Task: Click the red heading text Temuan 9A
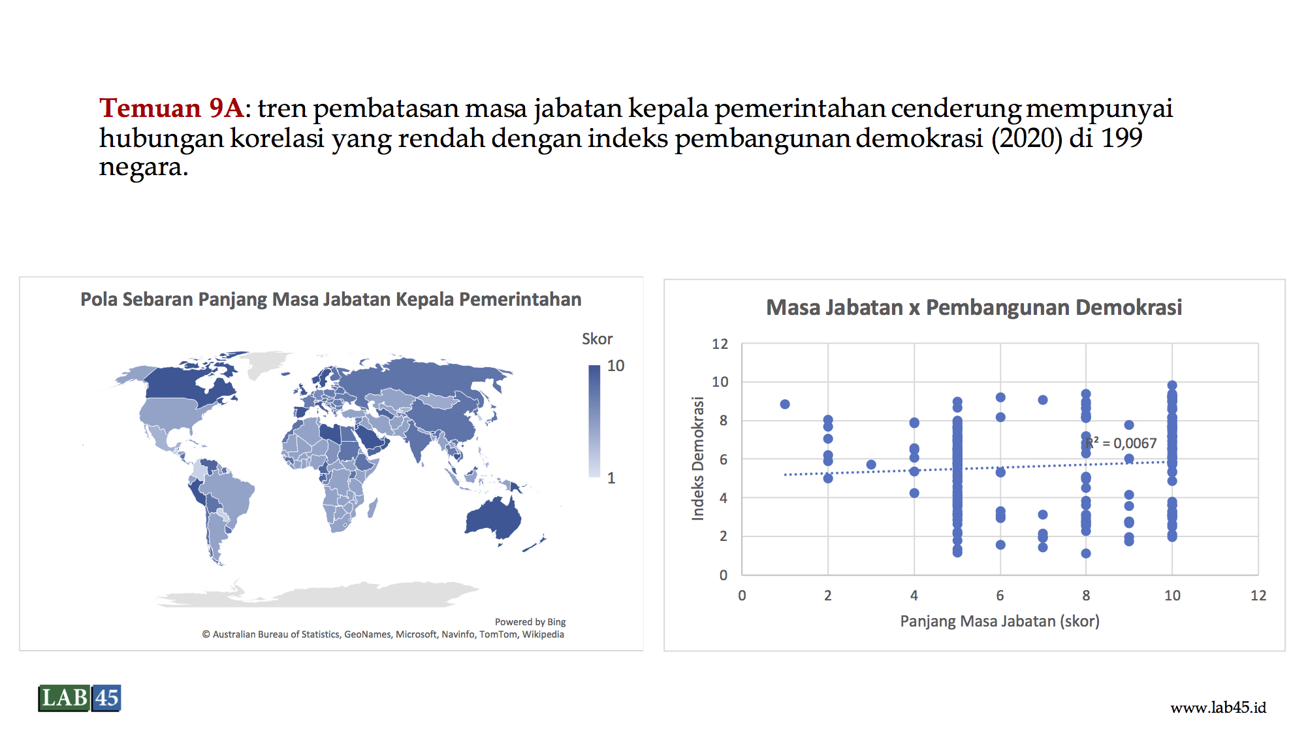(x=171, y=108)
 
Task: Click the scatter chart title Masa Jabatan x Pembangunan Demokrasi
(x=974, y=307)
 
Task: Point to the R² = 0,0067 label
(x=1121, y=443)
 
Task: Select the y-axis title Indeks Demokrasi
(x=698, y=459)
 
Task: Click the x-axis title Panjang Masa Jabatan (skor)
(x=1000, y=621)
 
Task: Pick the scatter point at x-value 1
(x=785, y=404)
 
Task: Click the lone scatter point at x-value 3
(x=871, y=465)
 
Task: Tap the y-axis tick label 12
(x=720, y=344)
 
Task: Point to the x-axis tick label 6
(x=1000, y=595)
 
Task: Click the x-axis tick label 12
(x=1258, y=595)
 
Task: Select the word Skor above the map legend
(x=597, y=339)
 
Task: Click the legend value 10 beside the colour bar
(x=615, y=366)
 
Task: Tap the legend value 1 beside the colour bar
(x=611, y=478)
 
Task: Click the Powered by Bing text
(x=530, y=622)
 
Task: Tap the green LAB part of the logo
(x=64, y=698)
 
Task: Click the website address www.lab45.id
(x=1218, y=708)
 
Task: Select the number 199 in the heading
(x=1121, y=138)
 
